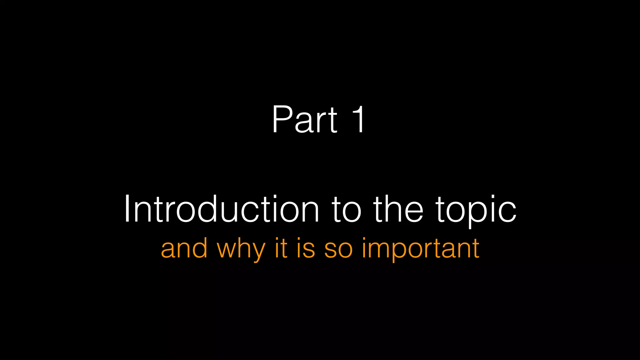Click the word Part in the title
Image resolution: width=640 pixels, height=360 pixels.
[305, 119]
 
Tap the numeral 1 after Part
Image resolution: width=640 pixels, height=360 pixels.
[358, 119]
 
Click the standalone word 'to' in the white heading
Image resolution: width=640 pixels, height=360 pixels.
[346, 209]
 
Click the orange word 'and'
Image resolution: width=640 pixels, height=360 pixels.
[184, 248]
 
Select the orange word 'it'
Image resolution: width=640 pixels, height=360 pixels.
[281, 248]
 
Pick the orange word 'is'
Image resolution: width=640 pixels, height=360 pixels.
[306, 248]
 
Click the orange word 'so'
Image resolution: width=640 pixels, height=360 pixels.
[338, 249]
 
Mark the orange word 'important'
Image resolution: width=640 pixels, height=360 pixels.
[420, 249]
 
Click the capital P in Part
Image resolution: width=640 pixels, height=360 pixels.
[282, 119]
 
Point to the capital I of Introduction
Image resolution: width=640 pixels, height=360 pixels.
[127, 209]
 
